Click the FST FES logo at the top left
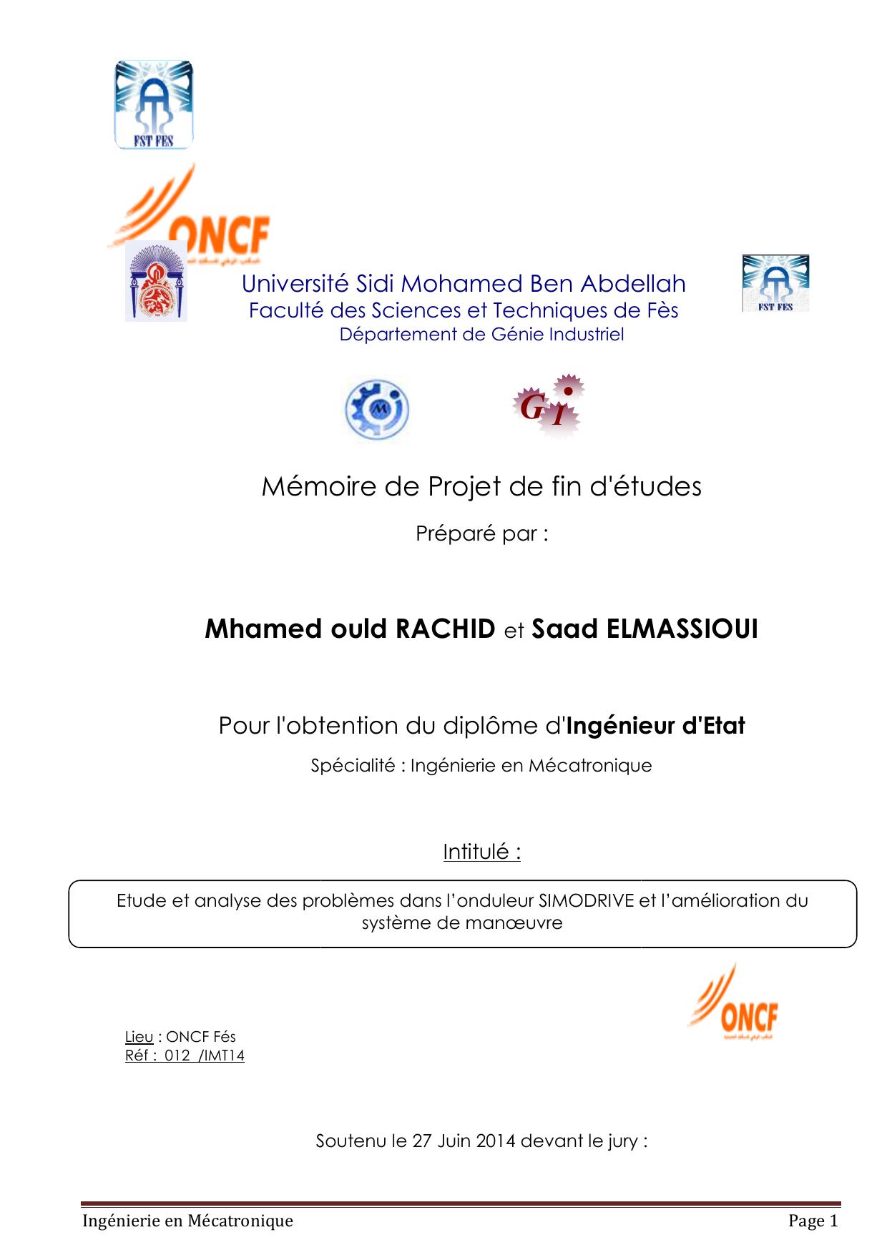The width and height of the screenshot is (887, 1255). coord(154,105)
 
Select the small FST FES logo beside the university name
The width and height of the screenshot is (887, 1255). coord(775,283)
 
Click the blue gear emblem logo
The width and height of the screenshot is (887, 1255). coord(377,409)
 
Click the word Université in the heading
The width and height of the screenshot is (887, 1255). coord(295,284)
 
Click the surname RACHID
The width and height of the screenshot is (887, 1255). coord(445,629)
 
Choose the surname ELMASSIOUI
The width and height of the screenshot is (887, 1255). coord(682,629)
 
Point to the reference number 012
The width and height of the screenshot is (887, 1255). coord(177,1055)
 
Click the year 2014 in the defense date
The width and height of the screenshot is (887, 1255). coord(496,1141)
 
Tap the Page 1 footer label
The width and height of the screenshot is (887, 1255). coord(813,1221)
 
